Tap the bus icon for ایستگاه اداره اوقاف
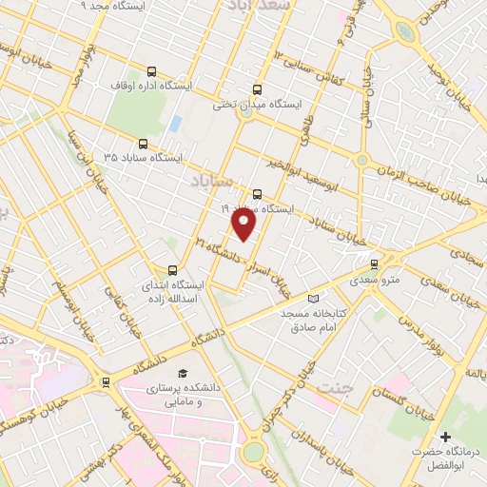(x=151, y=71)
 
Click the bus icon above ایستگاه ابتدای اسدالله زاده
(x=172, y=270)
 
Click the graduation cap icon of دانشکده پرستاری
(x=183, y=372)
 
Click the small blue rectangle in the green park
(x=176, y=124)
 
